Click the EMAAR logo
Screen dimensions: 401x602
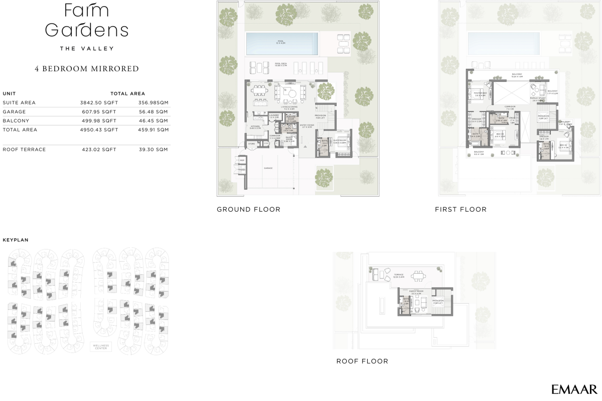click(574, 389)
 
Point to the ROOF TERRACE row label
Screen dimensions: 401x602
click(24, 150)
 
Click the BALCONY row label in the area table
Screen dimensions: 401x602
click(16, 121)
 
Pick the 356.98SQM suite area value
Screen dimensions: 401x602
click(153, 103)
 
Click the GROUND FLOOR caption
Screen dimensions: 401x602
click(248, 209)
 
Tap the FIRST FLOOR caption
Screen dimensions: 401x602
click(461, 209)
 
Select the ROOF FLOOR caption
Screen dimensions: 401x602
click(362, 361)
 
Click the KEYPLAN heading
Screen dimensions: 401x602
click(16, 240)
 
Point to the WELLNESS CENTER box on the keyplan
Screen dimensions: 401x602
click(100, 347)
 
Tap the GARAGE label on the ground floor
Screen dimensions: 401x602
click(268, 168)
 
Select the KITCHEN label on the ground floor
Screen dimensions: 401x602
click(255, 126)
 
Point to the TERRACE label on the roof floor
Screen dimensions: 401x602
click(399, 275)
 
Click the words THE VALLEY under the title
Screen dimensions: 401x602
click(87, 49)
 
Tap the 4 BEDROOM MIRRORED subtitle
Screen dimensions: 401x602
click(87, 69)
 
